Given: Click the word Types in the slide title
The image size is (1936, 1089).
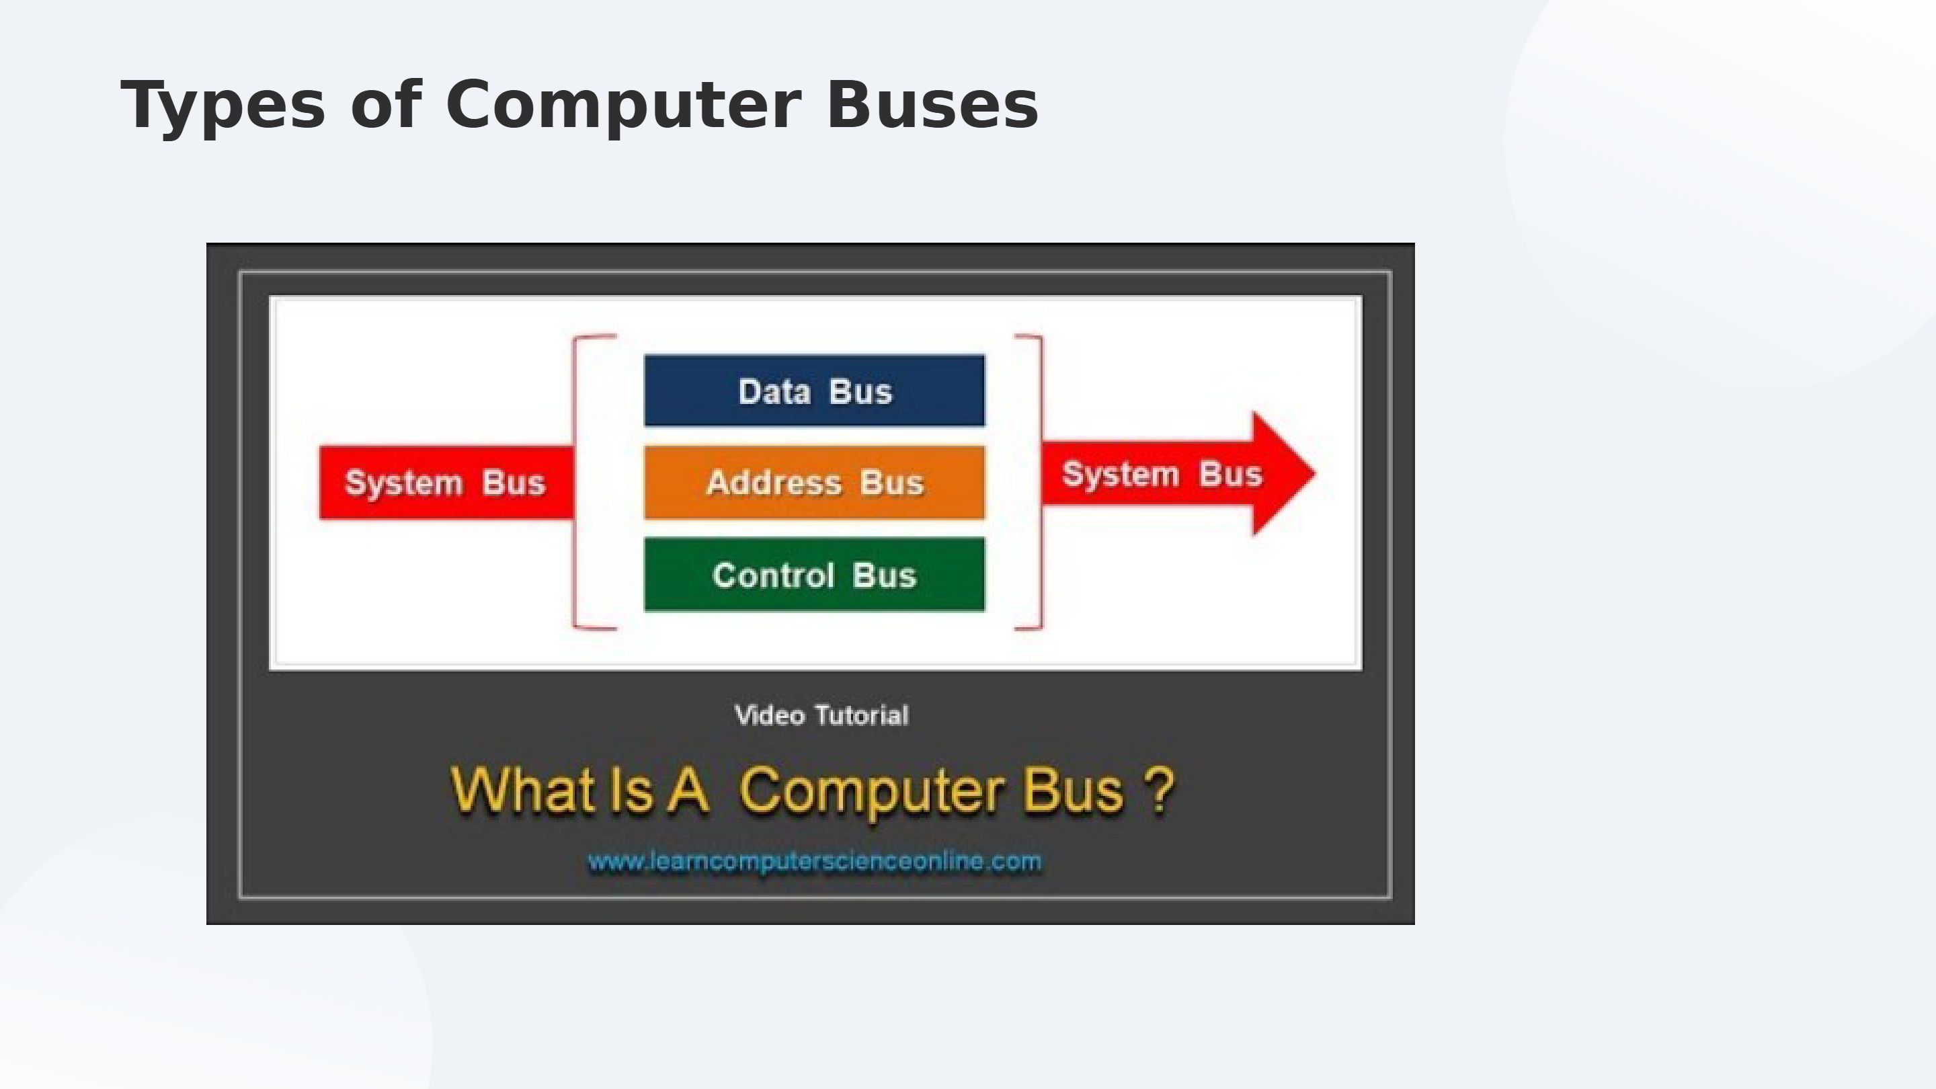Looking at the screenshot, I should coord(223,106).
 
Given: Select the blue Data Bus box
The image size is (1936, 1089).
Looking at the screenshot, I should coord(814,391).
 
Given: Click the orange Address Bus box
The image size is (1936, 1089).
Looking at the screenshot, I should coord(814,483).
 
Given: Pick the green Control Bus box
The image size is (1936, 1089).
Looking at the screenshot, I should coord(814,575).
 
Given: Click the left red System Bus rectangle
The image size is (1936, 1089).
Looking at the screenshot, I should coord(445,483).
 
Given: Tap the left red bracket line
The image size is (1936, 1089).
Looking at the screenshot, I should coord(575,481).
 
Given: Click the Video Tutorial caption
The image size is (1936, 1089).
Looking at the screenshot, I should coord(821,715).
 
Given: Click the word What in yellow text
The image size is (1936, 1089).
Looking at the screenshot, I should coord(523,790).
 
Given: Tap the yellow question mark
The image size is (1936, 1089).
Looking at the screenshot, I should coord(1160,789).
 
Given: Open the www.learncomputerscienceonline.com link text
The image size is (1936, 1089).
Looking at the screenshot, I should coord(815,861).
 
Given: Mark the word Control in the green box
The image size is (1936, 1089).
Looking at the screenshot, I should coord(772,575).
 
